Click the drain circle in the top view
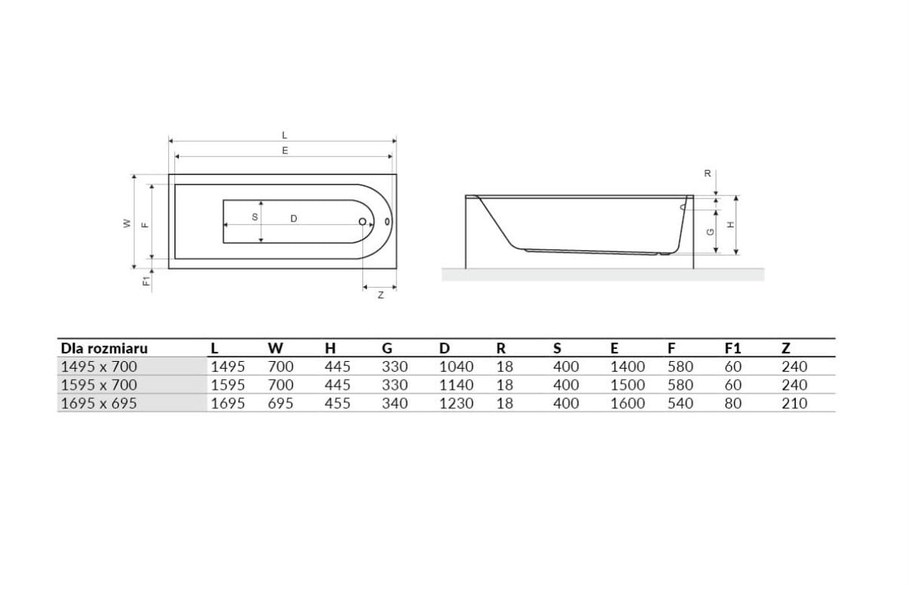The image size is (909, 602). (362, 221)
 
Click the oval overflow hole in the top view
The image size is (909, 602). (387, 221)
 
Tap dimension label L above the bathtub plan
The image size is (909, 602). (285, 135)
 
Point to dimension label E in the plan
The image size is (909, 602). (285, 150)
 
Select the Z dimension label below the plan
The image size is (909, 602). (381, 295)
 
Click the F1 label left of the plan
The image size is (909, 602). (146, 280)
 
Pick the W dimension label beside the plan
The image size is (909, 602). (127, 224)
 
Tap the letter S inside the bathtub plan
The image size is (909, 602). (255, 218)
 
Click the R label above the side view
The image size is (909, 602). (707, 173)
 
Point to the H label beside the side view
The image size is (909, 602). (731, 224)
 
